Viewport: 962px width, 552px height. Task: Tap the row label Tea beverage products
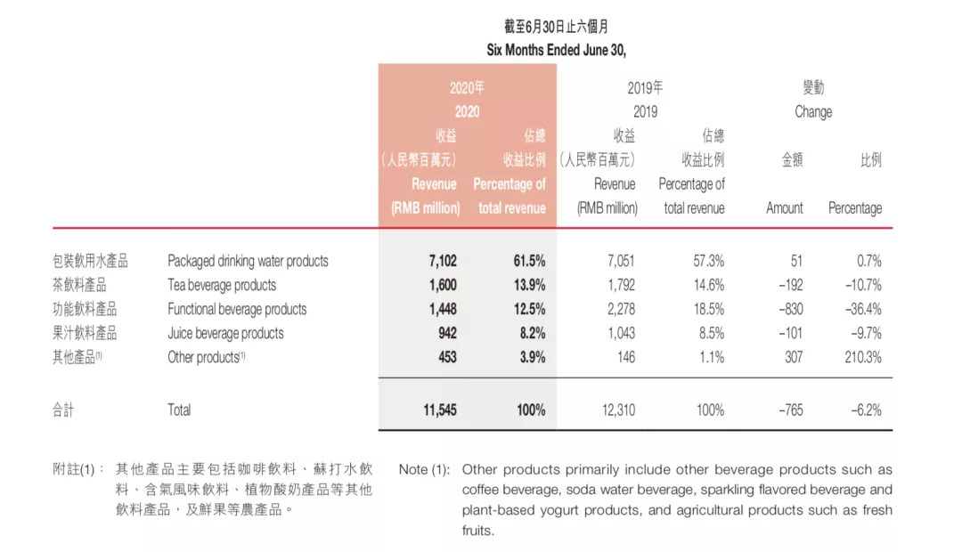point(222,285)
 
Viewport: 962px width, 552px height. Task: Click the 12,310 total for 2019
point(614,410)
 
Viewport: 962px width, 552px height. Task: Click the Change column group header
point(813,112)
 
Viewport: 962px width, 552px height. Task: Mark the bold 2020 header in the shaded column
point(467,112)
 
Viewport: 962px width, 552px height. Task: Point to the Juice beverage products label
point(226,333)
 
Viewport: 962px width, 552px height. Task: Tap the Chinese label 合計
point(65,410)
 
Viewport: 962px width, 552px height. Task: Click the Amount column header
point(785,208)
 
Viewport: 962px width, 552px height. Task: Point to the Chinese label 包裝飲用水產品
point(90,261)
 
